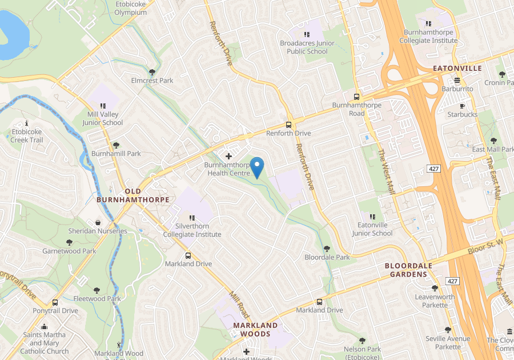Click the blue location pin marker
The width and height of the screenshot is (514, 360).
click(257, 167)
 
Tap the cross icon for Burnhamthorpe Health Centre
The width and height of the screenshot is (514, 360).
click(229, 156)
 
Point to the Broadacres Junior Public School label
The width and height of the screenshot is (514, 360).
click(303, 47)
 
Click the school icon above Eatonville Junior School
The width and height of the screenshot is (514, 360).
click(372, 217)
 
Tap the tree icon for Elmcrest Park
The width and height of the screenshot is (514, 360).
click(152, 72)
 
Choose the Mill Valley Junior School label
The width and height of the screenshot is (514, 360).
click(103, 118)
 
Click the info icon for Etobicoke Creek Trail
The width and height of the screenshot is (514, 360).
click(27, 123)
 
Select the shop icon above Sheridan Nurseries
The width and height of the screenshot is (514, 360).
click(98, 222)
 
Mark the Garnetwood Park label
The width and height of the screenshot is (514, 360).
click(69, 251)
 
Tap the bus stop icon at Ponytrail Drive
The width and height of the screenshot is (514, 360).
click(55, 302)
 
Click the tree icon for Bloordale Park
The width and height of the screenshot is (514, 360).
click(327, 249)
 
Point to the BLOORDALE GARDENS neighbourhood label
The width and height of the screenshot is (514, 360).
click(406, 270)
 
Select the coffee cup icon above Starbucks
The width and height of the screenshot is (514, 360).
click(462, 106)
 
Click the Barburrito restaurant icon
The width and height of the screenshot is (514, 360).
click(457, 80)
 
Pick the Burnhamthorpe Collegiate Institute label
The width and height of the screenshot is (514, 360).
click(430, 37)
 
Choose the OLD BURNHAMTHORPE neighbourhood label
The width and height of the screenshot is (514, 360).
click(133, 195)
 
